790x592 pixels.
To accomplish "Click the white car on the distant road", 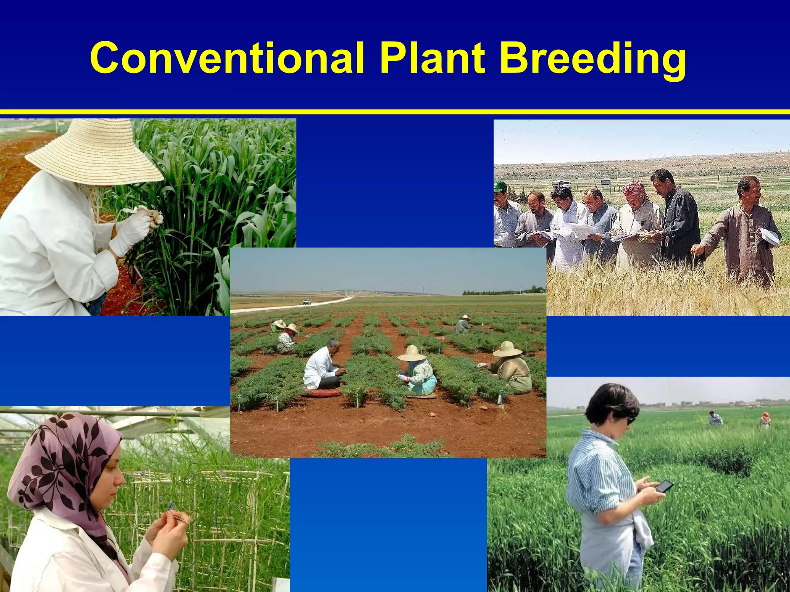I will pyautogui.click(x=307, y=301).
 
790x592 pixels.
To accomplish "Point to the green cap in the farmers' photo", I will pyautogui.click(x=500, y=186).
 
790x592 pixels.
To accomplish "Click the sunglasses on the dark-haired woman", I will pyautogui.click(x=630, y=420).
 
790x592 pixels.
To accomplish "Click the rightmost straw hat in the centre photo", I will pyautogui.click(x=507, y=349).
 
